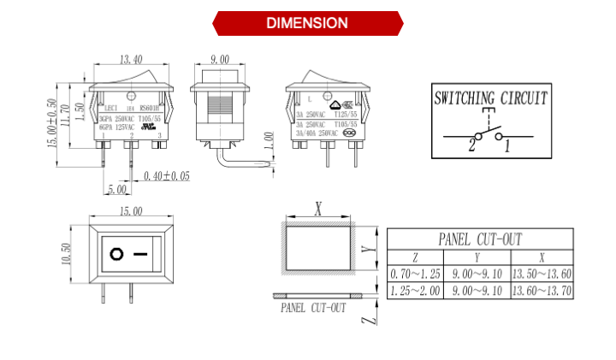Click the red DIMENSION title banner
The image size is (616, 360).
click(x=307, y=23)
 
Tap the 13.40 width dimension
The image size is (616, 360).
click(x=131, y=60)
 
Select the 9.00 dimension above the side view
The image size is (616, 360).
click(x=219, y=60)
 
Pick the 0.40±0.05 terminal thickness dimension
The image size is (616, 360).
click(x=167, y=175)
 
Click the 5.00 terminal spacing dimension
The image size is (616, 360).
click(x=118, y=189)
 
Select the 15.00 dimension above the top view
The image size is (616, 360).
click(x=130, y=211)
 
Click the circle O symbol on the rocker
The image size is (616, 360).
click(x=115, y=254)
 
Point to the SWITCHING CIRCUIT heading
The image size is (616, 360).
click(x=490, y=97)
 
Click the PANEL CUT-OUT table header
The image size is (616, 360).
click(x=479, y=239)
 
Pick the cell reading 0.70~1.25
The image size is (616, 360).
click(x=415, y=274)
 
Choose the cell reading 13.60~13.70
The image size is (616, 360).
click(x=542, y=292)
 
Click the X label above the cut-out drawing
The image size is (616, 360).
click(x=318, y=208)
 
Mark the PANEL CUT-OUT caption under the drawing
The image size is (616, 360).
click(x=313, y=308)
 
